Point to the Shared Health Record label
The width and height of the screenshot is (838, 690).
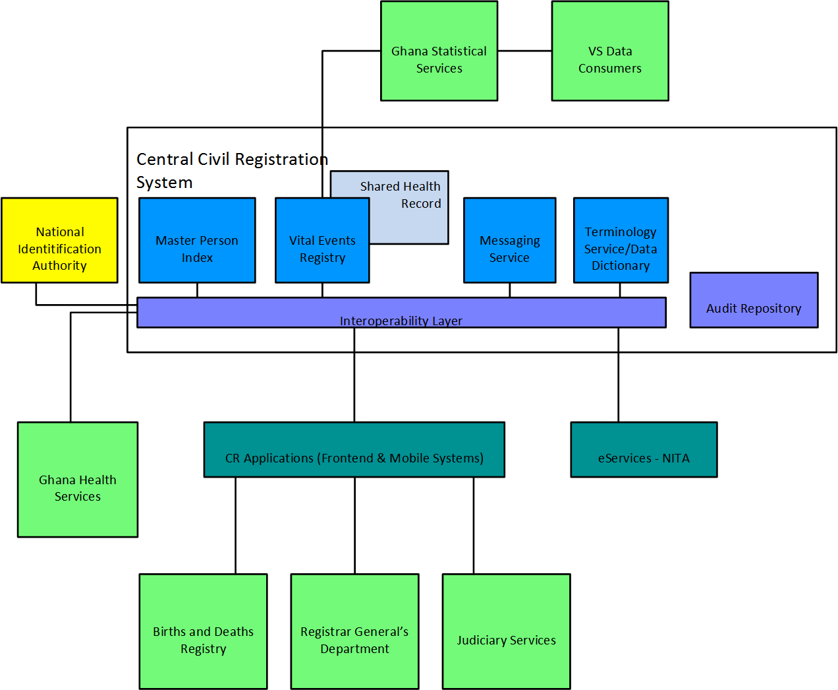(401, 195)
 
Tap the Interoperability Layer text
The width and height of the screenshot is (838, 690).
(401, 321)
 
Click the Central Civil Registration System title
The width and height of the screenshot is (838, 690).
(231, 170)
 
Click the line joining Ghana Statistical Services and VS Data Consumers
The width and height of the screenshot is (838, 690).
(524, 51)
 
